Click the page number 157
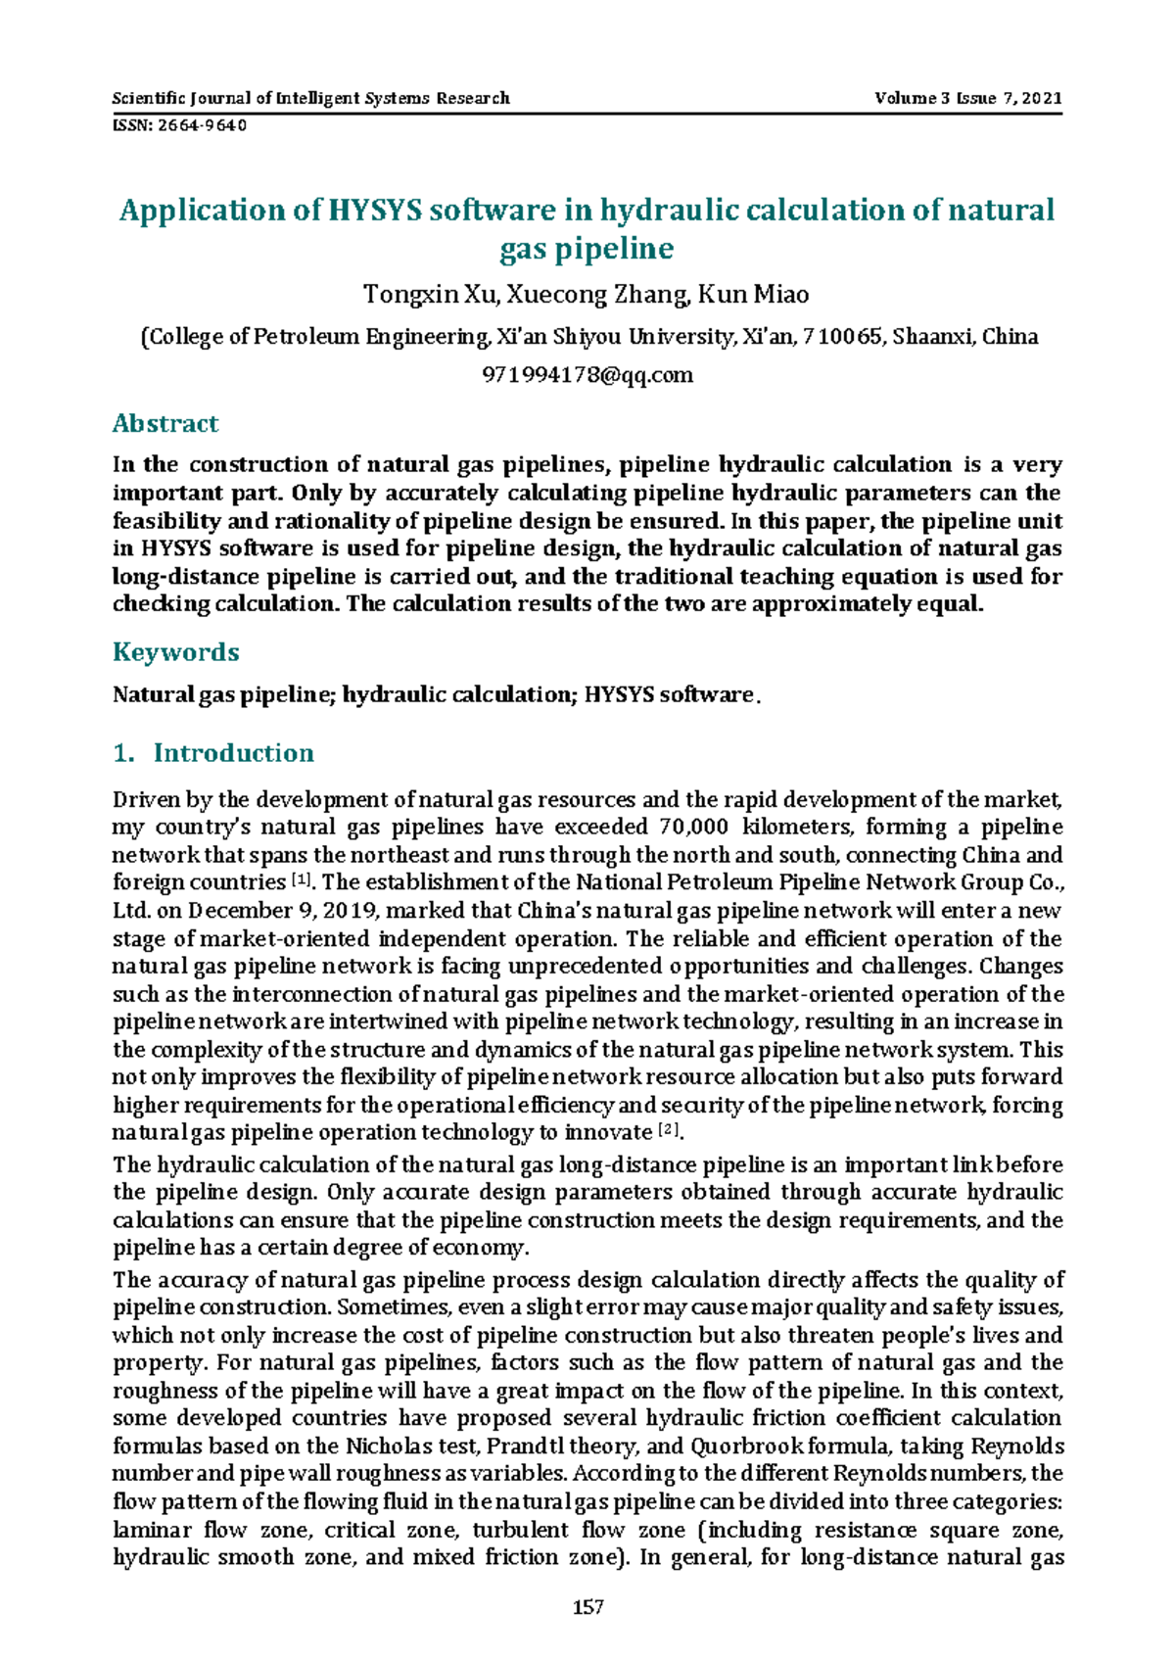tap(587, 1607)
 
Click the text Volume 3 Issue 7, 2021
tap(967, 98)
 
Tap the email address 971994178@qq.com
tap(587, 374)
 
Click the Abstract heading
tap(164, 423)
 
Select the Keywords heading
tap(175, 652)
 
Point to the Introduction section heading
tap(233, 752)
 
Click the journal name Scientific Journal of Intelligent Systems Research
tap(310, 98)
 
